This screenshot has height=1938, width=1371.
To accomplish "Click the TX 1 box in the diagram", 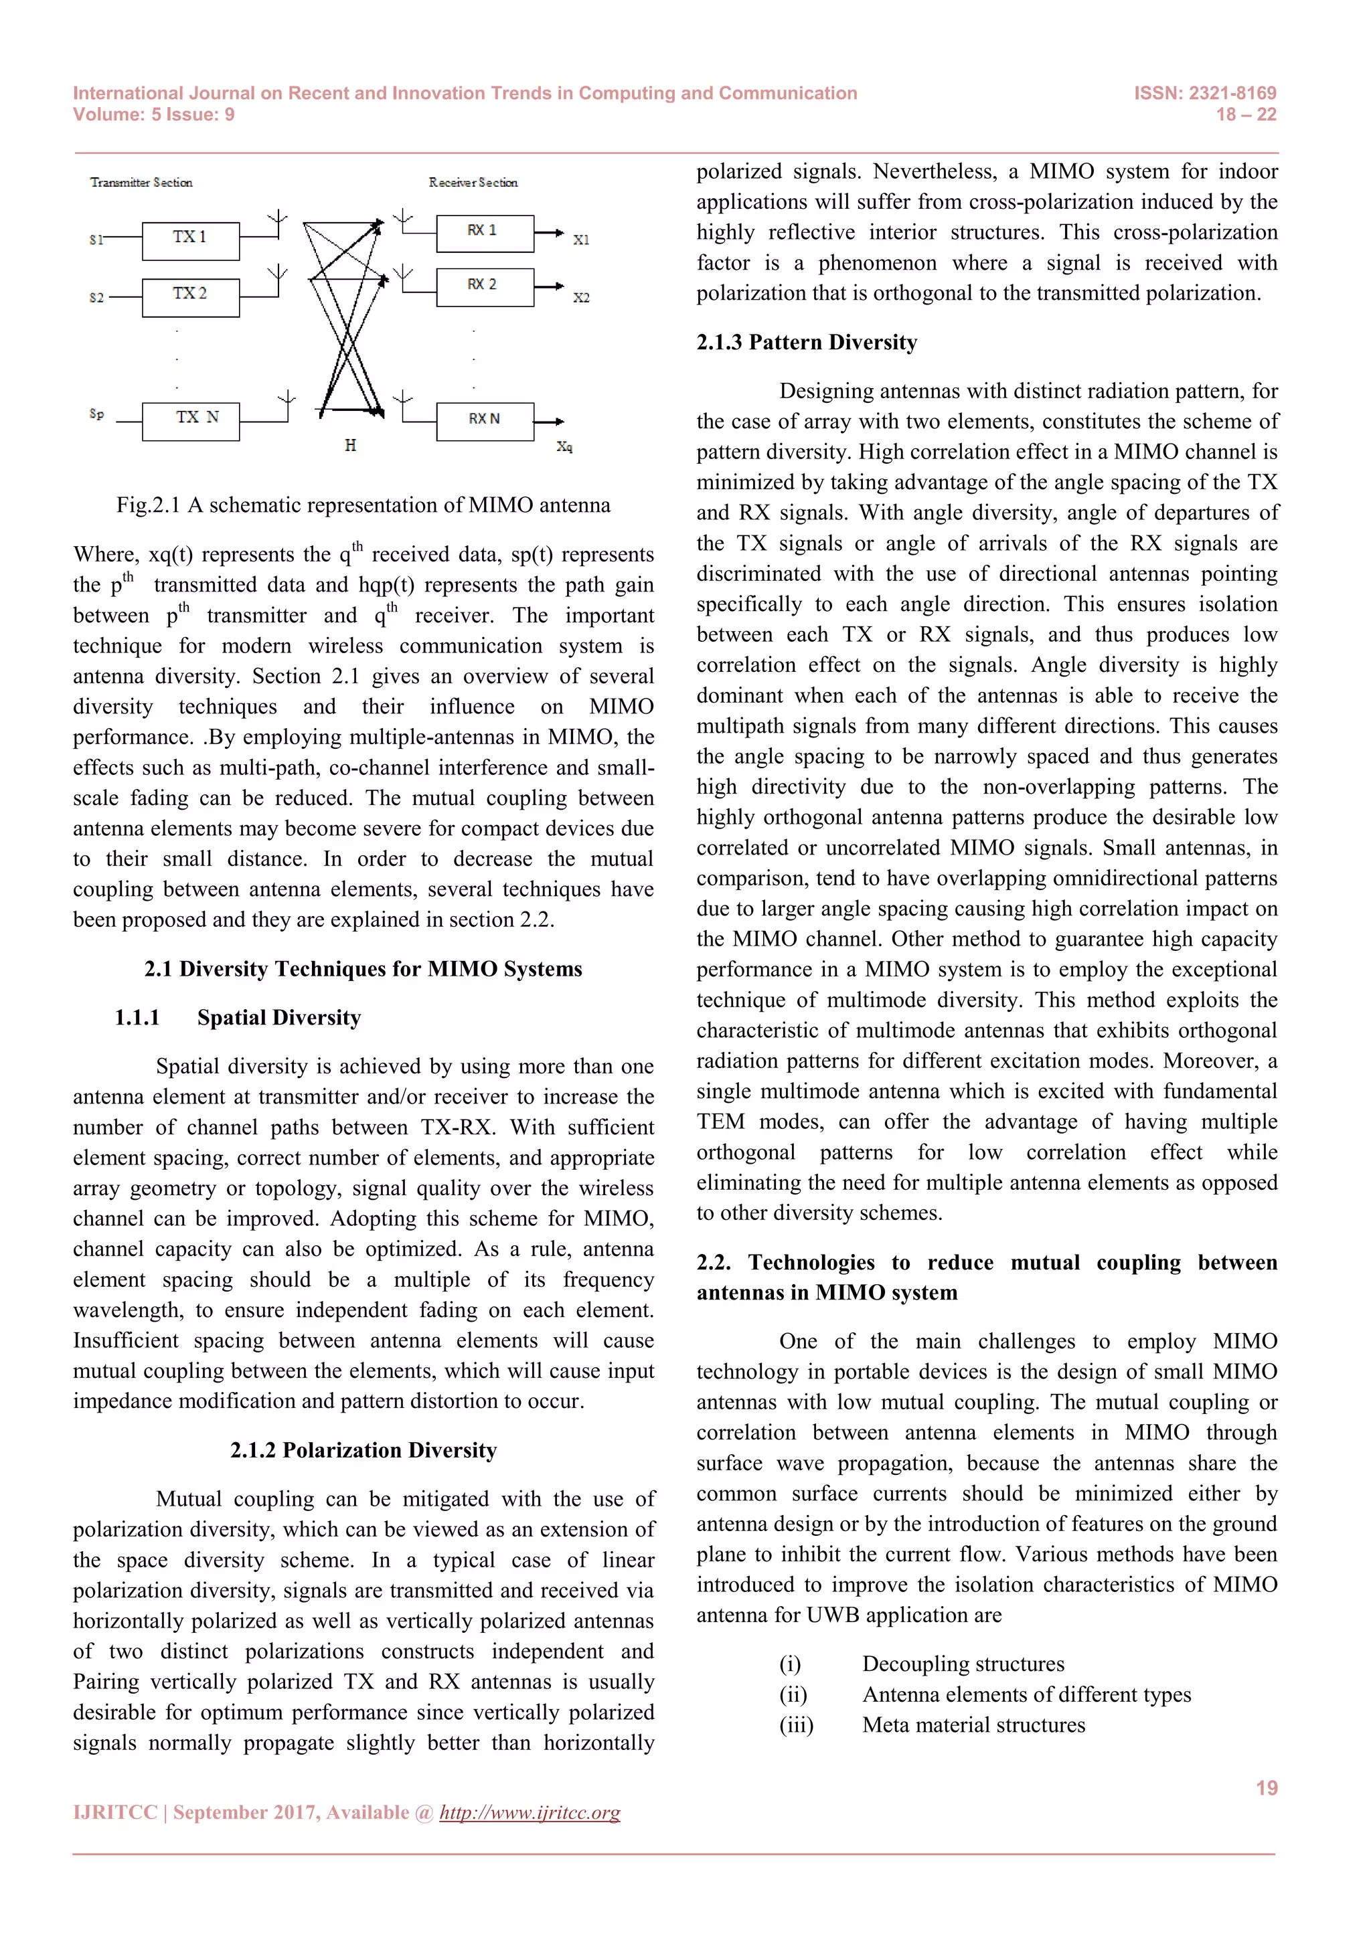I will [190, 240].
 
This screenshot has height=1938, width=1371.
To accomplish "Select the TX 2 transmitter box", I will [190, 296].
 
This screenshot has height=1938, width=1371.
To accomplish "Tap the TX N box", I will [191, 420].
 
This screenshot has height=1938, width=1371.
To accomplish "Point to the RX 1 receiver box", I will [485, 233].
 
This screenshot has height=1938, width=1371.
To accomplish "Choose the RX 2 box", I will [485, 287].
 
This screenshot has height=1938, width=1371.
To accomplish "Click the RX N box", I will [485, 420].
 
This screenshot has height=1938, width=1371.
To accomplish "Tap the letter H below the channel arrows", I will [350, 446].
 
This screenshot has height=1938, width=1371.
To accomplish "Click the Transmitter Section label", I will [141, 182].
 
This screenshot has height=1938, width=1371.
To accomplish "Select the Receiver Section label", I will [473, 182].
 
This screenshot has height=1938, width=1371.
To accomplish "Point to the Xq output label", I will [564, 446].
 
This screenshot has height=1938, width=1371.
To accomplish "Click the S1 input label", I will [96, 240].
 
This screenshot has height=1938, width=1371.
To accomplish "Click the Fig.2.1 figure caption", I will [363, 505].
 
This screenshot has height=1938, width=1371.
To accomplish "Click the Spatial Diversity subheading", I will [278, 1017].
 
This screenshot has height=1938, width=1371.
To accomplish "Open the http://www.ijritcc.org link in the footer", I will [530, 1812].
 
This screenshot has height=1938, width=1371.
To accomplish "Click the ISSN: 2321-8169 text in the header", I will [1205, 93].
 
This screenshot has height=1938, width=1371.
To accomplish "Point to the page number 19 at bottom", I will [1265, 1787].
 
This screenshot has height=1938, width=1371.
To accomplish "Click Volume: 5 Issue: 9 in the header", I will [154, 115].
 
